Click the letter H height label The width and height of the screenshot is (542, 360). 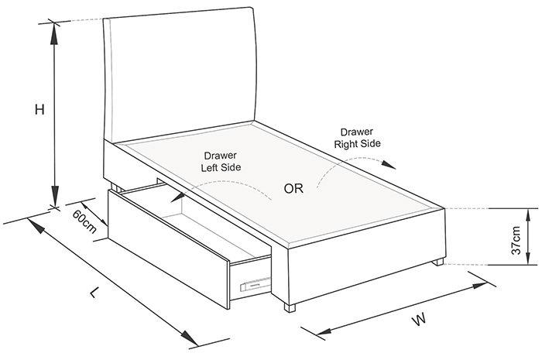point(39,110)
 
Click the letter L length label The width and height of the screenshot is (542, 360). point(94,293)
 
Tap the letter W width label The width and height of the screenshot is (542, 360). point(419,319)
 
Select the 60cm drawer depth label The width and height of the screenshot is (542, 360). point(84,221)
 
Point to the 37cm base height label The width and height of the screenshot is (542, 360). point(516,240)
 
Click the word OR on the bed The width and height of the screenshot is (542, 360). point(293,188)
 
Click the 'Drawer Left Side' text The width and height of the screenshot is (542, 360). point(221,161)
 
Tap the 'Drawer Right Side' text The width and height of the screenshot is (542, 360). point(357,138)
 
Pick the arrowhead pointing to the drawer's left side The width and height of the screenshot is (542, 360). point(177,197)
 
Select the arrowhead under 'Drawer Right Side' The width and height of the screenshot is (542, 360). point(389,165)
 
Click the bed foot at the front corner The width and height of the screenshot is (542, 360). point(290,308)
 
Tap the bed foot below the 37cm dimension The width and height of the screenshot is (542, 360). point(439,262)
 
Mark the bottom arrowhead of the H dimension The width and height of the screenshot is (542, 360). point(54,196)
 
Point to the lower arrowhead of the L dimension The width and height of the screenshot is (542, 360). point(189,339)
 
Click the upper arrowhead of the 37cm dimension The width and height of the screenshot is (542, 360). point(528,219)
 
